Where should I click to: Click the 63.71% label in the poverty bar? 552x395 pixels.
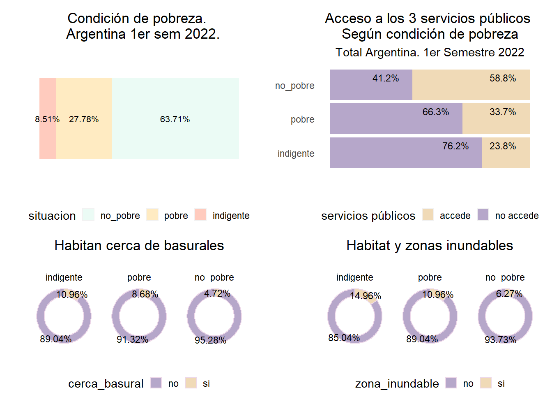175,119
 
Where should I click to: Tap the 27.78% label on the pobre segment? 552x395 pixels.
84,119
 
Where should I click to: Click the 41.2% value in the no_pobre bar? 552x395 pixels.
386,78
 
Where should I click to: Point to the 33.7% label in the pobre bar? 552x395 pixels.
503,112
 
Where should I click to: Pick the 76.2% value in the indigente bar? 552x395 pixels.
455,146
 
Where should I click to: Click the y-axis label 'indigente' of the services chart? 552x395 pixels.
296,153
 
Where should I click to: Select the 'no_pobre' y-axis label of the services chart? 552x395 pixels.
294,86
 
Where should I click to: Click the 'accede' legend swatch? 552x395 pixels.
428,215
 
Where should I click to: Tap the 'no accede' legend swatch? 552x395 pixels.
483,215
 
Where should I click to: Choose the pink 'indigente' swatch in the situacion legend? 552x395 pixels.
200,215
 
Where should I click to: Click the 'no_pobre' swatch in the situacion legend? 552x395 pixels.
88,215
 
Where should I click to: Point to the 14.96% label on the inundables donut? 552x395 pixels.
366,296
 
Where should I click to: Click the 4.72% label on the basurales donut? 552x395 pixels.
217,293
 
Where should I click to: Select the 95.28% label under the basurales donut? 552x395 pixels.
210,340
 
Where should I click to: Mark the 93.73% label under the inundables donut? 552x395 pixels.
500,340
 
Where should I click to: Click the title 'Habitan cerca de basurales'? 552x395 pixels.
139,245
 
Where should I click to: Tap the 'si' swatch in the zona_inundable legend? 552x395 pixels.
486,383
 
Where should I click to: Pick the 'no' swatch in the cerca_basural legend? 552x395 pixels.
156,383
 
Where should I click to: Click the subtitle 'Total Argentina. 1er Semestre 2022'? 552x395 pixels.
430,52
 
